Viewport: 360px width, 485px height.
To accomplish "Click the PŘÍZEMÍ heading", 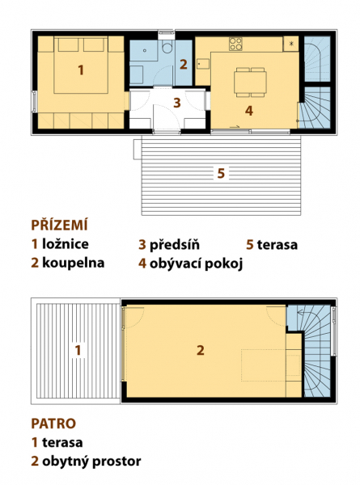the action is coord(59,225).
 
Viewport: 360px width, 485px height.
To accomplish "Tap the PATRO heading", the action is coord(53,424).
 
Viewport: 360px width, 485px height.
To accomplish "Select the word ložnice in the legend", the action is coord(66,244).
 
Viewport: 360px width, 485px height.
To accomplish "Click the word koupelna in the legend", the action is coord(74,263).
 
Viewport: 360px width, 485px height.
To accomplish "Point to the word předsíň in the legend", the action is coord(175,244).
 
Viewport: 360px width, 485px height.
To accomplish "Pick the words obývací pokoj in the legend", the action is coord(197,264).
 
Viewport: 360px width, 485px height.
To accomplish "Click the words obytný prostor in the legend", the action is coord(91,462).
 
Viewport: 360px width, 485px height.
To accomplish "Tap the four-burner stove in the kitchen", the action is coord(235,44).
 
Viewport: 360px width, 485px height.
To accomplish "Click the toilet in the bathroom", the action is coord(167,47).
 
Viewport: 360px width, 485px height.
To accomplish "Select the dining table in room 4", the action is coord(250,82).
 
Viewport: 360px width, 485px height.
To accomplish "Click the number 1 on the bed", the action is coord(80,70).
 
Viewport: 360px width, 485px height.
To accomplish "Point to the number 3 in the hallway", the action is coord(177,103).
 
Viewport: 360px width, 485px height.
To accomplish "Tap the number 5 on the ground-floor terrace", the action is coord(221,173).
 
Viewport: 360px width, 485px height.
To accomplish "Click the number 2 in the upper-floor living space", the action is coord(201,351).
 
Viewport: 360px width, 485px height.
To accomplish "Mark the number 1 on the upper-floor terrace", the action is coord(78,351).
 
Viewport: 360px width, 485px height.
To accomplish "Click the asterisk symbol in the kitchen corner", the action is coord(291,44).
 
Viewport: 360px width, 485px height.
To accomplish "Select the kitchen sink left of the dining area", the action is coord(203,64).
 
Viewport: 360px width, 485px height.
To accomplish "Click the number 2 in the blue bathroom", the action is coord(184,65).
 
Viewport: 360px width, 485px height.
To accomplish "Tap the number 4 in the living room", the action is coord(249,111).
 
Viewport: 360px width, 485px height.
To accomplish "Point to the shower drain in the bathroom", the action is coord(144,51).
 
